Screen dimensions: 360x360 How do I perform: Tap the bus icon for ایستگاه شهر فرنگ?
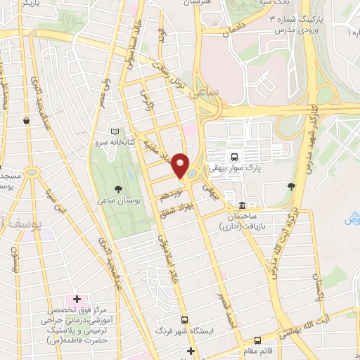pos(184,319)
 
